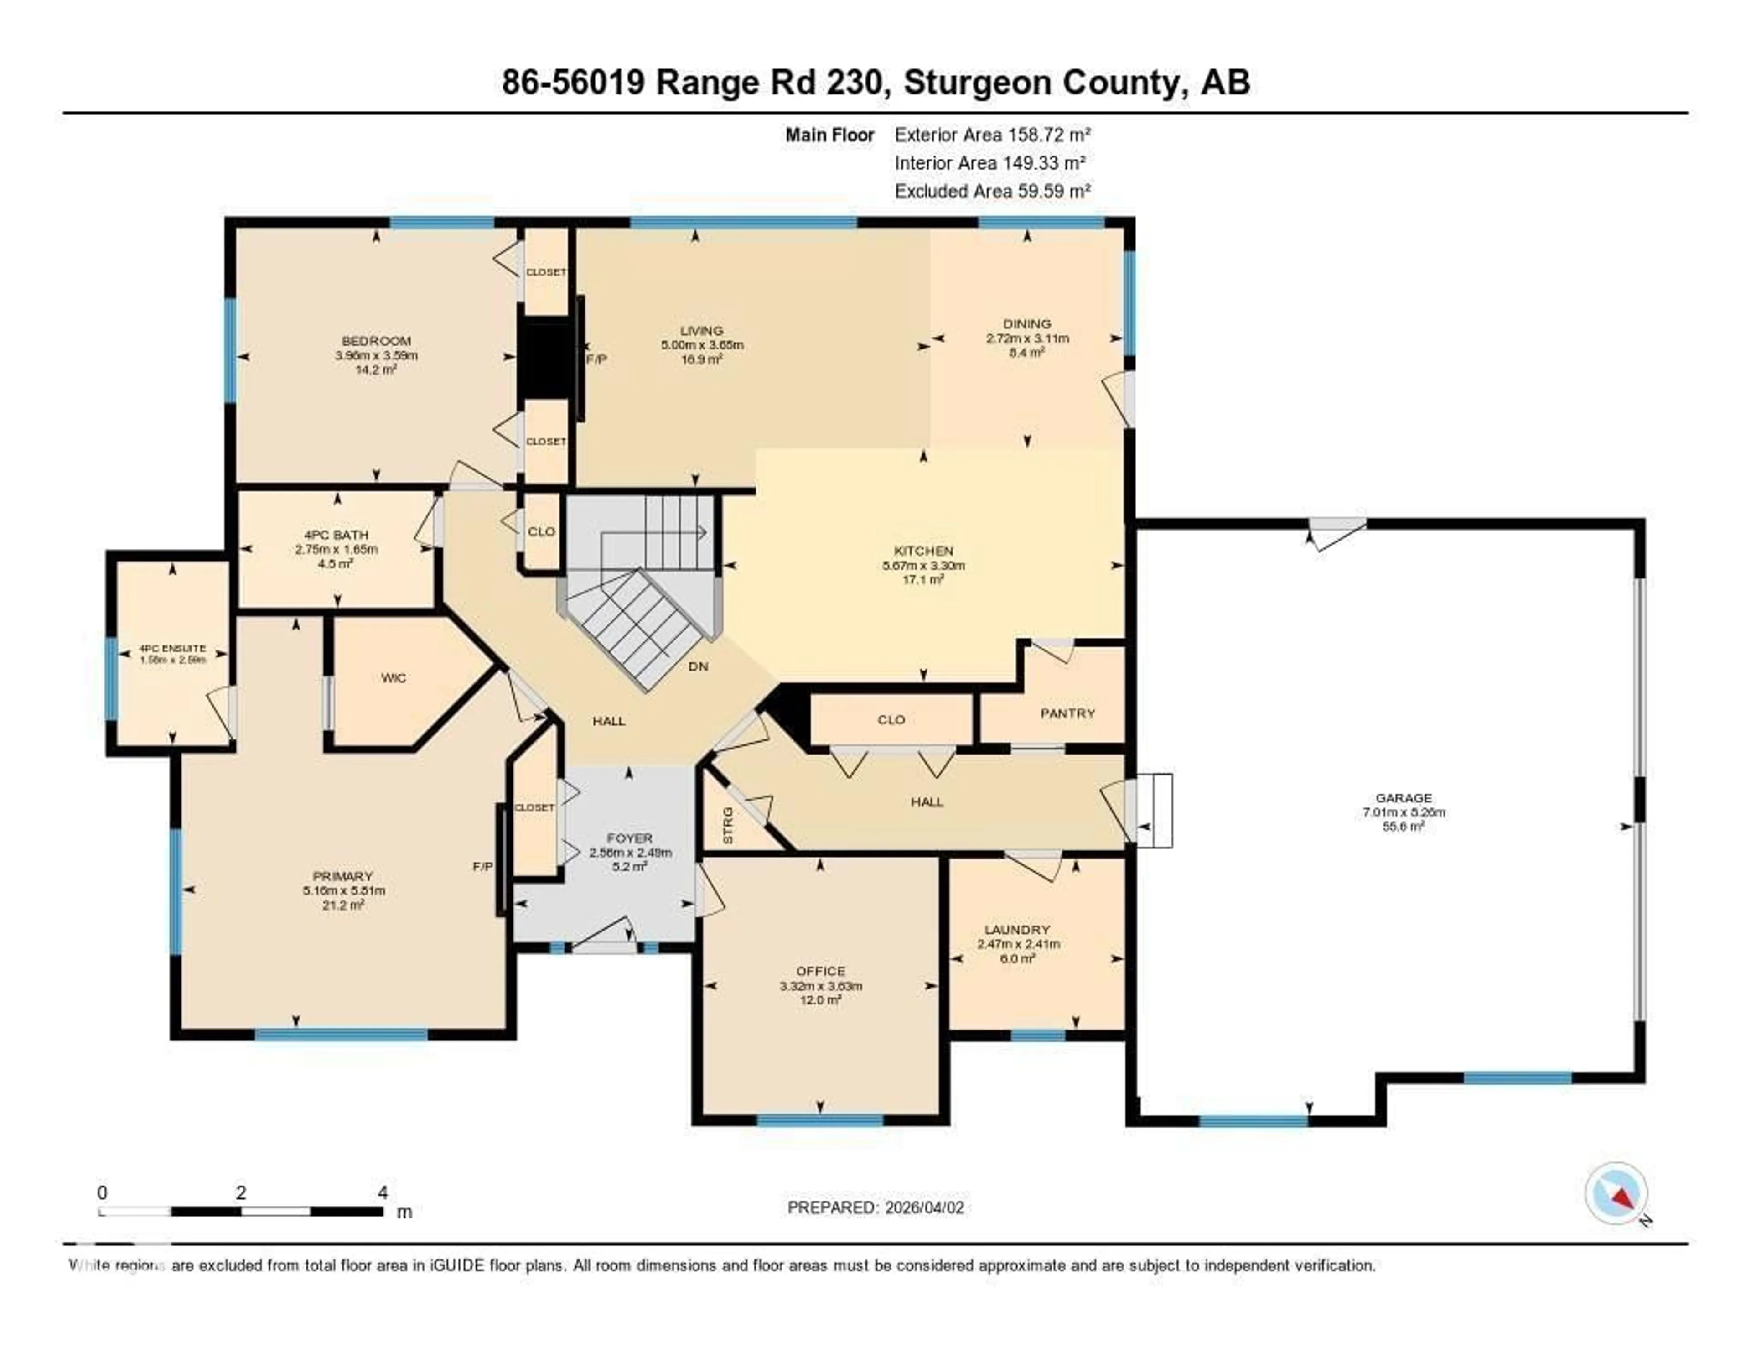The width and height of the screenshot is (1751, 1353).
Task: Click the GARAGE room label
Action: tap(1403, 797)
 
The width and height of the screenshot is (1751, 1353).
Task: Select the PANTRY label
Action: tap(1067, 713)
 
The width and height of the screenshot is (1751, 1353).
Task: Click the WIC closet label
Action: tap(394, 678)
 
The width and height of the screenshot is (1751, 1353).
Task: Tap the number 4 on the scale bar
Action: tap(383, 1192)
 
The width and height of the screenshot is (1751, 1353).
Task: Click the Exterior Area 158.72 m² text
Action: tap(993, 135)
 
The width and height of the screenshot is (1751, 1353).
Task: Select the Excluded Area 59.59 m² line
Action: tap(993, 191)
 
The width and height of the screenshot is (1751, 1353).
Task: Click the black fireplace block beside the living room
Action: tap(546, 358)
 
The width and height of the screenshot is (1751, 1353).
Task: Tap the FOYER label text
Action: tap(630, 838)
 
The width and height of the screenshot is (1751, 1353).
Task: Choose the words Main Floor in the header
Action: tap(829, 135)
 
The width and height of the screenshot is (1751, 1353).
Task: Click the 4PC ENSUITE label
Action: tap(172, 648)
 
